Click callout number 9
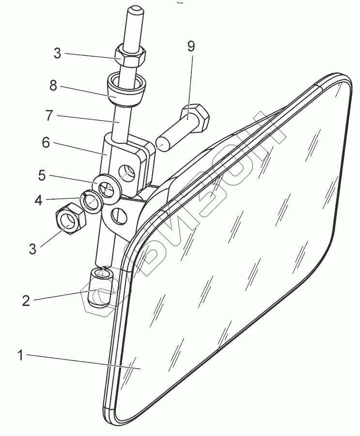point(190,47)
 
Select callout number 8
point(53,86)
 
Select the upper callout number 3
point(57,53)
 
